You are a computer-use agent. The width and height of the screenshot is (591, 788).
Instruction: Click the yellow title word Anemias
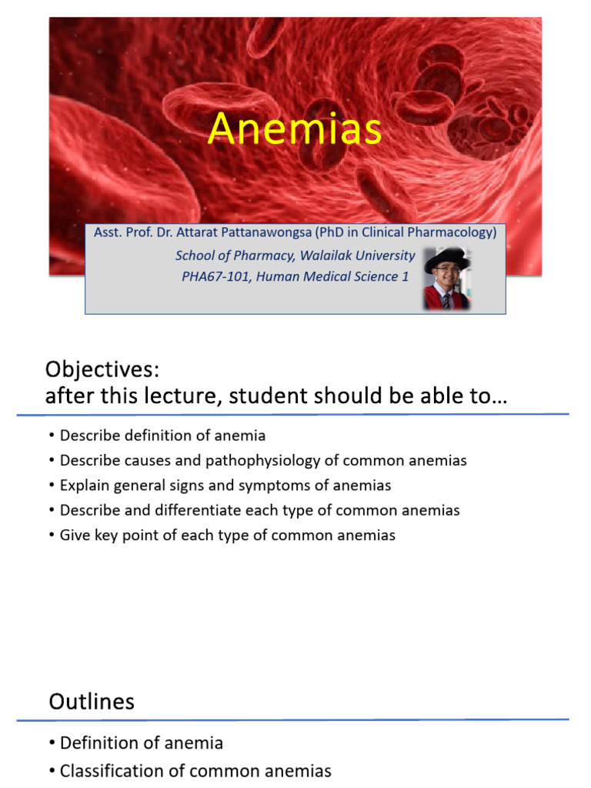[295, 129]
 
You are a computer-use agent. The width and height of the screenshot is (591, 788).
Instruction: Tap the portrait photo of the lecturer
[447, 279]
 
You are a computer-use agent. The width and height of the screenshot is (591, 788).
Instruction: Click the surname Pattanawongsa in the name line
[266, 232]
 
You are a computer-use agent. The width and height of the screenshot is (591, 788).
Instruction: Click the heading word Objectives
[102, 370]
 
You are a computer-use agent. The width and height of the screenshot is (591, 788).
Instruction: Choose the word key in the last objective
[106, 536]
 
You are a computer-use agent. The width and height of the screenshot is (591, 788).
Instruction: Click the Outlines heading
[92, 702]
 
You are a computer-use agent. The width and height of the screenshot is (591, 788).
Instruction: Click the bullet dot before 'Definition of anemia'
[52, 743]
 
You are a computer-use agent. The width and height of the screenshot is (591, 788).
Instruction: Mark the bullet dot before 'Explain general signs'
[52, 486]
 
